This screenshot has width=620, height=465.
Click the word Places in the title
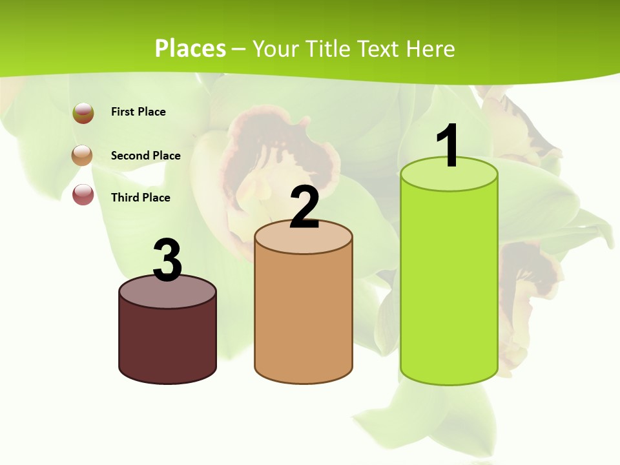190,48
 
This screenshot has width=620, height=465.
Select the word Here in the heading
431,49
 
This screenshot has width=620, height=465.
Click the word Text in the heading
382,49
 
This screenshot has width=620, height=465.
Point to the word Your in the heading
276,49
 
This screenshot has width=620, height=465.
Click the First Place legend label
138,112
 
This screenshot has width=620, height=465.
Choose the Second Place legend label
145,156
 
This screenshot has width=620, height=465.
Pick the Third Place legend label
140,198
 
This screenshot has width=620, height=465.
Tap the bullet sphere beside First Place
83,113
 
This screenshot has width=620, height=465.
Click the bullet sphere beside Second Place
83,156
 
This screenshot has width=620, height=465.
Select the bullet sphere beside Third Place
83,194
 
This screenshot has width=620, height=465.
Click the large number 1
448,145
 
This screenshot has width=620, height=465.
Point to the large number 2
304,207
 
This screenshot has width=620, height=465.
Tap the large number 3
167,260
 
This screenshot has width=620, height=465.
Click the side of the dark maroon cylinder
167,342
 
